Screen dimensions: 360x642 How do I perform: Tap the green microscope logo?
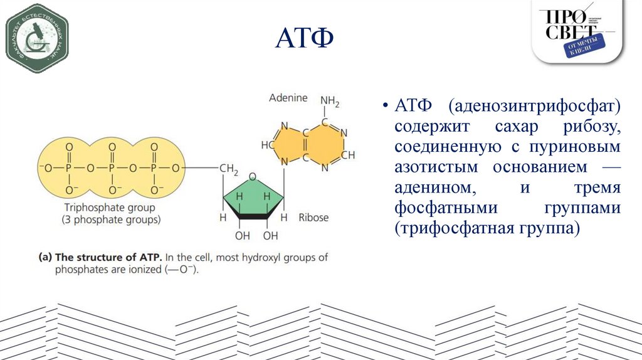pos(36,39)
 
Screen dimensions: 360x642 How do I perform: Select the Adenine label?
pos(288,98)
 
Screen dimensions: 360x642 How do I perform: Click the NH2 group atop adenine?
pos(330,101)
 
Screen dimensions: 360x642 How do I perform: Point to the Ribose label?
pos(313,217)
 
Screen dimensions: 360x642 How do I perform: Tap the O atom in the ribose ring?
pos(253,177)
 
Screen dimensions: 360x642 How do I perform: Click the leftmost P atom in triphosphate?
pos(69,169)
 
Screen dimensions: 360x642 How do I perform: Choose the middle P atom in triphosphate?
pos(112,169)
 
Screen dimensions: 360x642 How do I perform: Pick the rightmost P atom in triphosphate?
pos(155,169)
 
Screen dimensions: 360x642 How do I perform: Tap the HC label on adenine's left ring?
pos(266,144)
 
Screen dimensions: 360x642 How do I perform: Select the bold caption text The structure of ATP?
pos(109,257)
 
